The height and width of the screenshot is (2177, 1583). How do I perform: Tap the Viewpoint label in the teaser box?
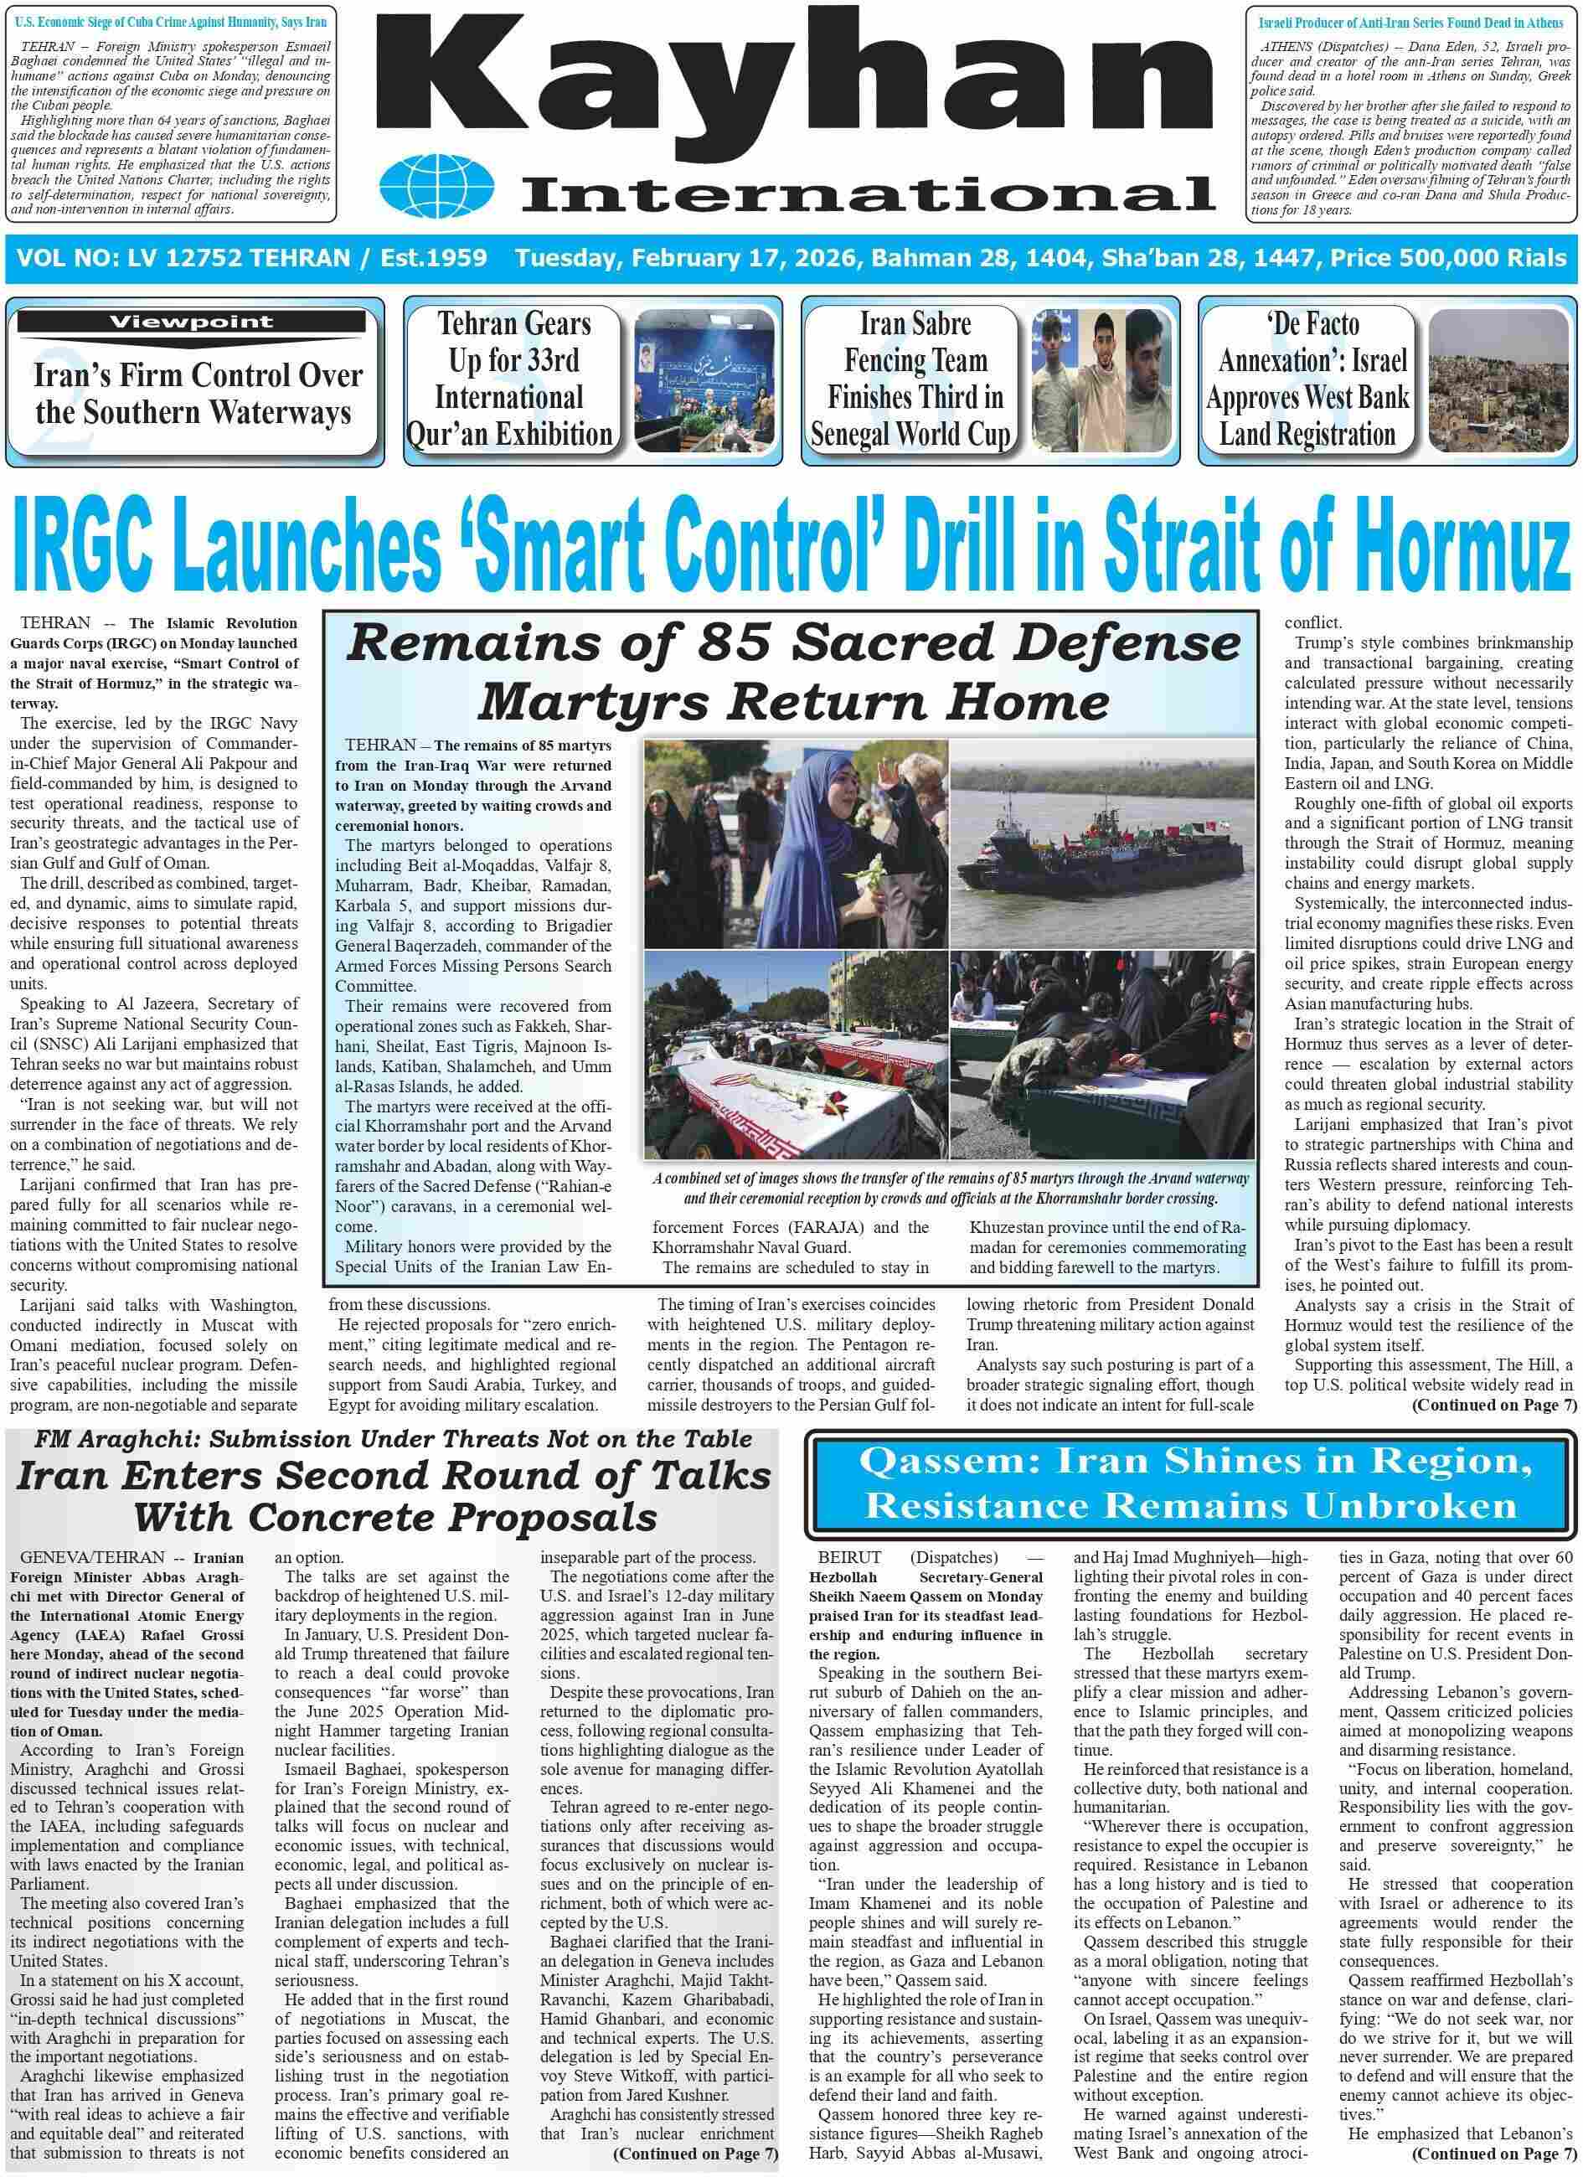pyautogui.click(x=190, y=322)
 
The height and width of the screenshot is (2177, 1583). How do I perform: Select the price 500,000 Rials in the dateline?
pyautogui.click(x=1483, y=258)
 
